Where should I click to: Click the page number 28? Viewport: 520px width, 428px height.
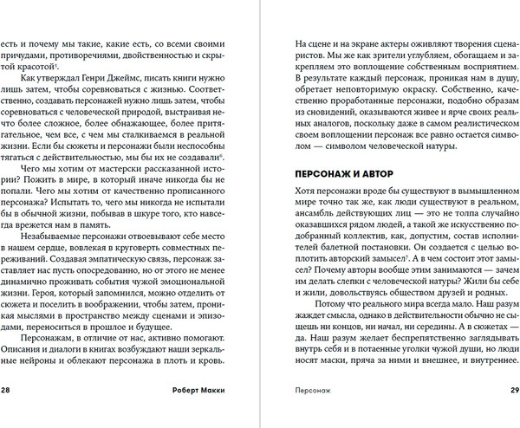(x=7, y=390)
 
